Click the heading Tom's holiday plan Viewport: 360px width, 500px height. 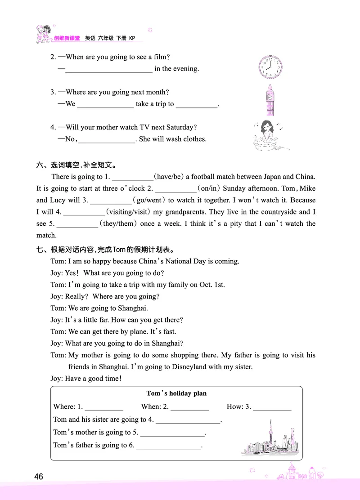[x=176, y=393]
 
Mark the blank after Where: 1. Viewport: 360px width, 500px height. [x=103, y=407]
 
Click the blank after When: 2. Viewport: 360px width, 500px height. [x=189, y=407]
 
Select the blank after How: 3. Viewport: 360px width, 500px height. [x=272, y=407]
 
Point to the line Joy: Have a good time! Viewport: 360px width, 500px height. [x=86, y=379]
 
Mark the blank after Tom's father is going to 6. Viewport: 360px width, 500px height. [x=169, y=446]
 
